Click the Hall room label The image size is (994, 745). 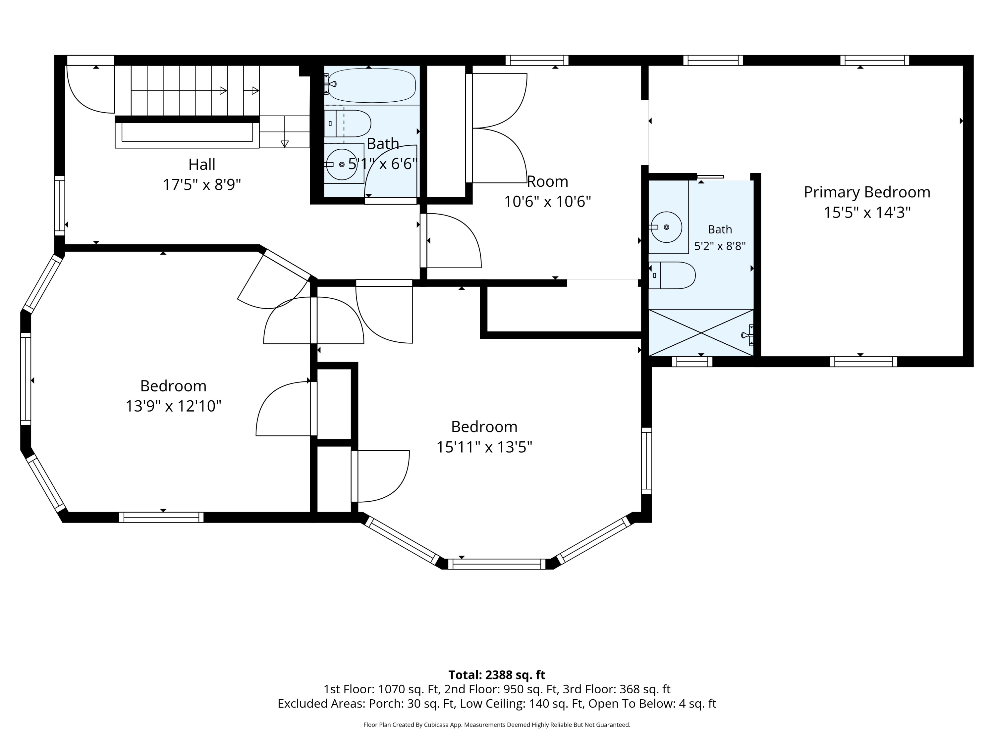pyautogui.click(x=202, y=164)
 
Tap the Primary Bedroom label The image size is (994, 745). pyautogui.click(x=867, y=192)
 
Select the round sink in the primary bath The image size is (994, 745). pyautogui.click(x=666, y=227)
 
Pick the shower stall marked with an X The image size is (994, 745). pyautogui.click(x=701, y=333)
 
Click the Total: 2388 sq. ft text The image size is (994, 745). pyautogui.click(x=497, y=675)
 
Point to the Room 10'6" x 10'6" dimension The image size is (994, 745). pyautogui.click(x=547, y=202)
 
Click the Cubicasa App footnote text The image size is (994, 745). pyautogui.click(x=497, y=725)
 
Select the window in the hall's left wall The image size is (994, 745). pyautogui.click(x=60, y=205)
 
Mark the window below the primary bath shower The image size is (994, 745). pyautogui.click(x=692, y=362)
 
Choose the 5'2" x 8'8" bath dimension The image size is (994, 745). pyautogui.click(x=720, y=246)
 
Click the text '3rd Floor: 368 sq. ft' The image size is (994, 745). pyautogui.click(x=645, y=689)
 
